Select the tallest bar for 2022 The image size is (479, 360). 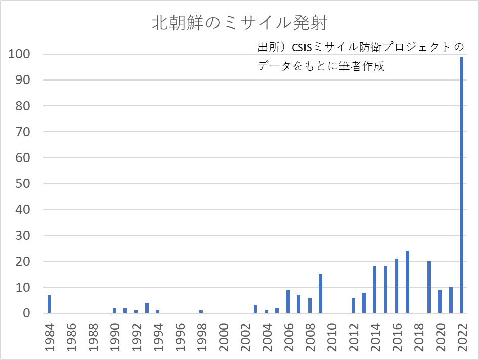coord(461,185)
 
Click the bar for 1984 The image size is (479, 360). coord(49,304)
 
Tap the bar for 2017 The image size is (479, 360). coord(407,282)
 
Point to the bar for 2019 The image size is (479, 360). coord(429,287)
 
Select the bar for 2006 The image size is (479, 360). coord(288,301)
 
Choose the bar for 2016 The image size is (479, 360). coord(397,286)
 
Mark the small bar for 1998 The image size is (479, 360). coord(201,311)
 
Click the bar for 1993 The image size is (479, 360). coord(147,308)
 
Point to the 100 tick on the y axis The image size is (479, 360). coord(20,54)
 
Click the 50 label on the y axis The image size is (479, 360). coord(23,184)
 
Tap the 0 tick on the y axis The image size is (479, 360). coord(26,313)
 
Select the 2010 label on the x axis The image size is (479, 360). coord(332,335)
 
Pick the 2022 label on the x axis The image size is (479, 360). coord(462,335)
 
